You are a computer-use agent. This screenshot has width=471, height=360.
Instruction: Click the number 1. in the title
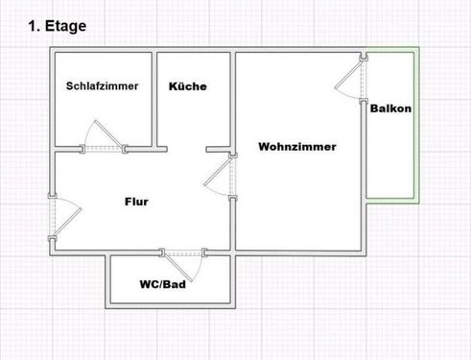(x=35, y=27)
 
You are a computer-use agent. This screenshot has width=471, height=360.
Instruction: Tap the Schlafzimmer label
(x=103, y=85)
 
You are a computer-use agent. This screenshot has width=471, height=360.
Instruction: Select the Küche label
(x=187, y=86)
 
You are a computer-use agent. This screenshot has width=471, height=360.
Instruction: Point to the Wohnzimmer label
(x=296, y=147)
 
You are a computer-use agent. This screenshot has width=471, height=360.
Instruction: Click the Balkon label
(x=390, y=108)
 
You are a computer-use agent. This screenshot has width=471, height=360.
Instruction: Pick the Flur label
(x=137, y=202)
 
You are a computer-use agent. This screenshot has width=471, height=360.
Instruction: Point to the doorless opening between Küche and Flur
(x=187, y=149)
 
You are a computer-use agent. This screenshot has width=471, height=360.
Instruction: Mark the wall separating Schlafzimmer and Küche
(x=156, y=101)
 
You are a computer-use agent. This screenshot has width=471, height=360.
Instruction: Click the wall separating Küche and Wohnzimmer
(x=233, y=101)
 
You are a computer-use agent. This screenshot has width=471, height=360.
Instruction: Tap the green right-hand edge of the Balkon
(x=415, y=125)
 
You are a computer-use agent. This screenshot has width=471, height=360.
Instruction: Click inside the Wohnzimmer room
(x=297, y=202)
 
